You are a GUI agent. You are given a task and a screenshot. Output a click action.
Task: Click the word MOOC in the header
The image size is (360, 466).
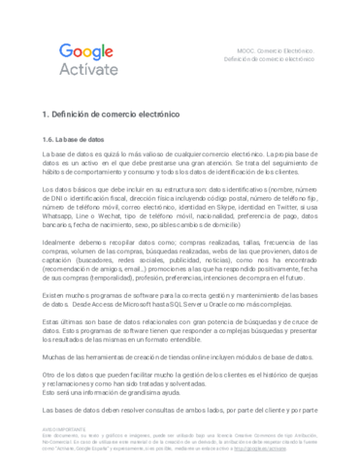pos(235,49)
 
